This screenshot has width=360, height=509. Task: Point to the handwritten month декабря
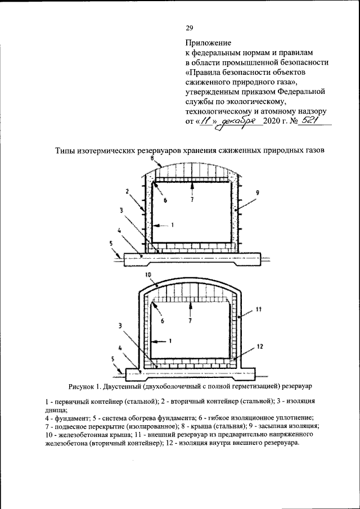(240, 120)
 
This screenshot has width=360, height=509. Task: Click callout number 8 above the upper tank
(152, 160)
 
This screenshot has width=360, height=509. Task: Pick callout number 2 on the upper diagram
(128, 191)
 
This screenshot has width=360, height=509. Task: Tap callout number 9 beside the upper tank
(257, 193)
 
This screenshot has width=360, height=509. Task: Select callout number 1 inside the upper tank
(173, 225)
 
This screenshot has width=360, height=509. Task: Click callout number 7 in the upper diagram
(192, 199)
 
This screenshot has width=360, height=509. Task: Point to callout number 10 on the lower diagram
(148, 275)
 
